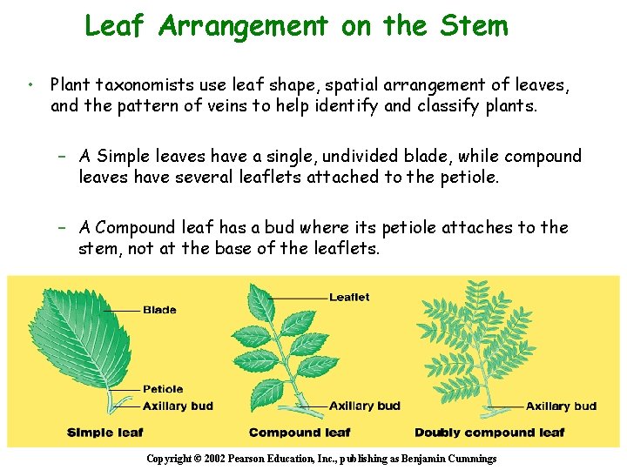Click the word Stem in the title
(474, 25)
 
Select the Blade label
(159, 310)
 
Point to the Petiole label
(163, 389)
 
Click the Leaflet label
(349, 298)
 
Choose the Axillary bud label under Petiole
(178, 406)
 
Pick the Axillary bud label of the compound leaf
(365, 406)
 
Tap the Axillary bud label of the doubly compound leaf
(561, 406)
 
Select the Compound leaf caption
(300, 433)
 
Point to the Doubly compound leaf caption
(489, 433)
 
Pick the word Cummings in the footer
(471, 459)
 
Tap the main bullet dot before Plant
(30, 85)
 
